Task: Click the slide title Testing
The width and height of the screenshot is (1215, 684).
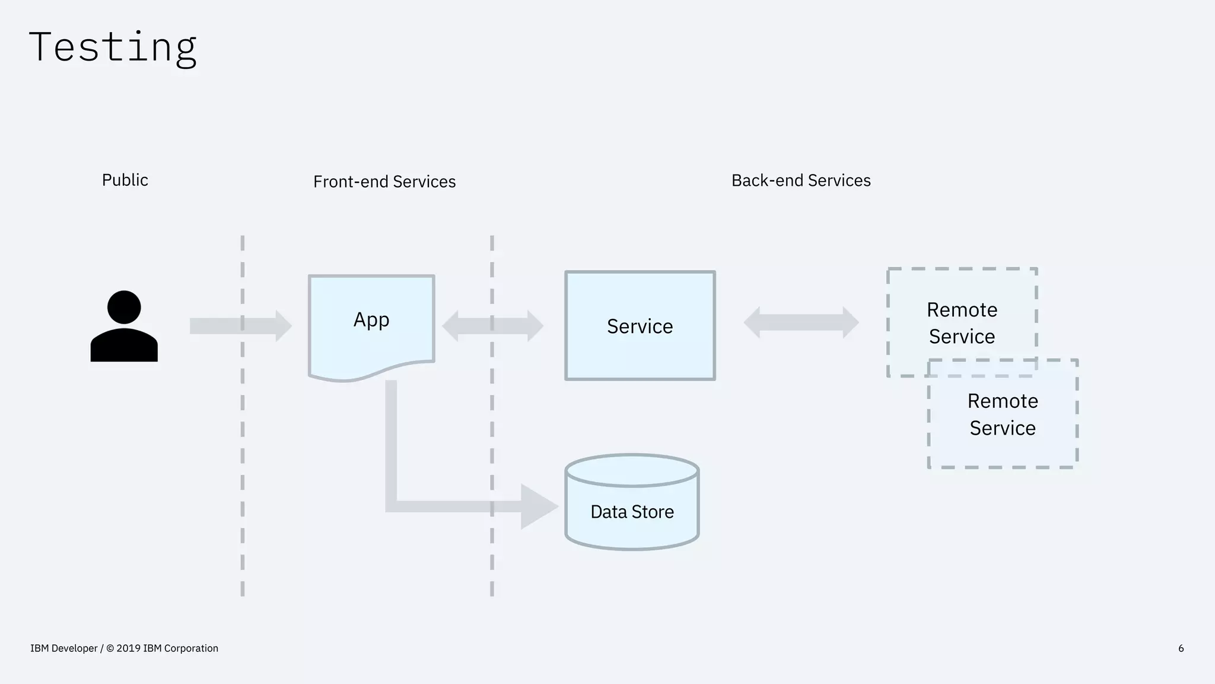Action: point(113,47)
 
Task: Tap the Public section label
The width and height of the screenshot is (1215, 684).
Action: point(125,180)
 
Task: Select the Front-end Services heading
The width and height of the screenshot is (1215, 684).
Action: point(384,182)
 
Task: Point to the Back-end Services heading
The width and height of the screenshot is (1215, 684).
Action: point(801,180)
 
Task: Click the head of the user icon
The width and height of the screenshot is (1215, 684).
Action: point(124,307)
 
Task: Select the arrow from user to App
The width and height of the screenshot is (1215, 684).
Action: point(237,326)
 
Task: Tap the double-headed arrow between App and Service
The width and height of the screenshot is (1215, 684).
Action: point(492,326)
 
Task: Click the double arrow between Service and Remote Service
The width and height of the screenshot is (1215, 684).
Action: point(801,322)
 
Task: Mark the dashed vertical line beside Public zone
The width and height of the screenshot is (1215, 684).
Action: point(243,475)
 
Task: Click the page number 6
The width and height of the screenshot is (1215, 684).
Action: point(1181,648)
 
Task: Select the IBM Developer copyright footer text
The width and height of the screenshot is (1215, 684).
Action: point(124,648)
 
